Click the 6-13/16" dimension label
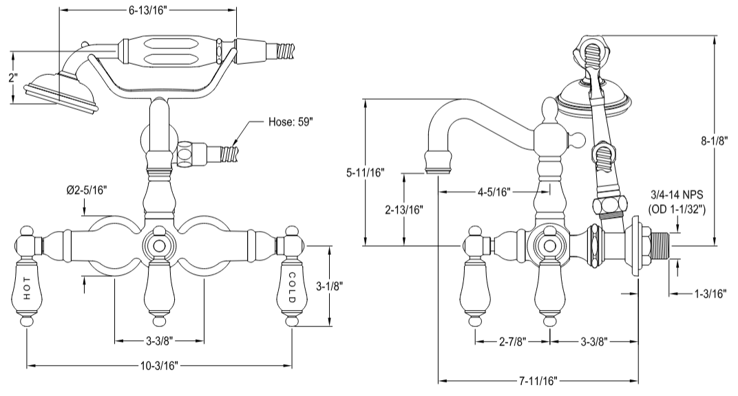148,10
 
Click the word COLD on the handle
292,287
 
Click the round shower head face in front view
62,96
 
